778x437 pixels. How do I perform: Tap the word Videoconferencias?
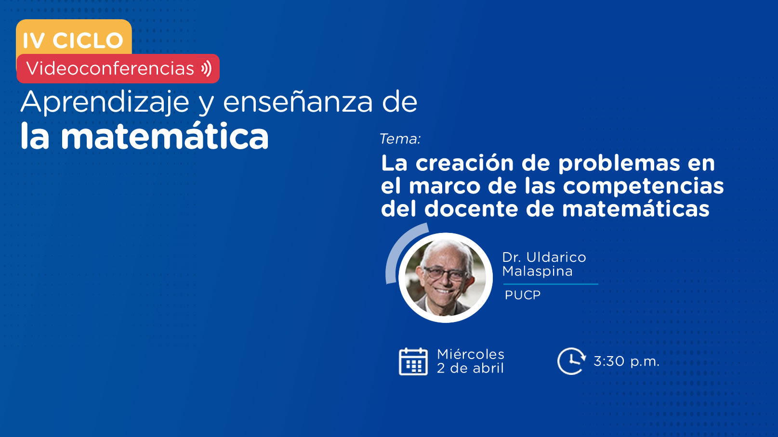(x=110, y=68)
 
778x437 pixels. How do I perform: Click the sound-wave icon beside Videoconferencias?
(x=206, y=68)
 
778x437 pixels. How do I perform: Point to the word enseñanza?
(x=298, y=103)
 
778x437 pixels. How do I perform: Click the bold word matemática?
(x=165, y=136)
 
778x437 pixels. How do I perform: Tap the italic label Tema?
(x=400, y=139)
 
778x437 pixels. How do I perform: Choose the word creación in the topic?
(x=465, y=163)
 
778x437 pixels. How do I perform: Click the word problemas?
(x=619, y=164)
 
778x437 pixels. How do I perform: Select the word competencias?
(x=643, y=187)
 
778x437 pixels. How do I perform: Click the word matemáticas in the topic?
(x=635, y=209)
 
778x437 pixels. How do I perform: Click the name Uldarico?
(x=556, y=257)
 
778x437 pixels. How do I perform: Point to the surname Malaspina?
(x=537, y=271)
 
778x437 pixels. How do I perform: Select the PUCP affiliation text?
(x=522, y=295)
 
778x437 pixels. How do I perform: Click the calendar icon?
(x=413, y=361)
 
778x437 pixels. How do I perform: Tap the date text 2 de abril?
(x=470, y=368)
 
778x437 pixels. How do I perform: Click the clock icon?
(x=571, y=361)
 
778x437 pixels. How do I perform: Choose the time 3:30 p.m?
(x=626, y=361)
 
